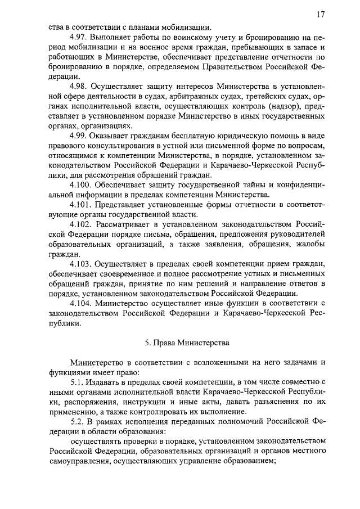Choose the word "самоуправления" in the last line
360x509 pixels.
pyautogui.click(x=79, y=461)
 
